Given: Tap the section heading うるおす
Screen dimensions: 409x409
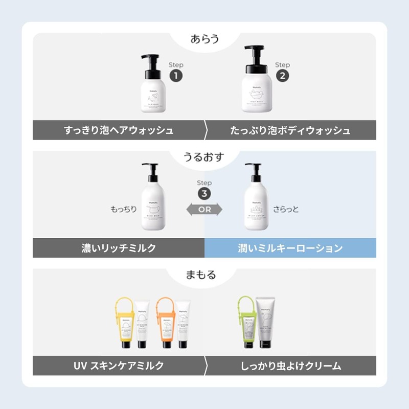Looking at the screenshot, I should click(x=204, y=157).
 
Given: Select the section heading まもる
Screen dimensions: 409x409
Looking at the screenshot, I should click(x=204, y=275).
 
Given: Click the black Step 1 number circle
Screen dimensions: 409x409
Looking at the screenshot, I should click(x=176, y=76).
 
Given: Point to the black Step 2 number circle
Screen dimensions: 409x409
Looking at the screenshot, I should click(x=282, y=76).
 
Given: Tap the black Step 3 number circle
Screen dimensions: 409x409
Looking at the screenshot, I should click(x=204, y=194).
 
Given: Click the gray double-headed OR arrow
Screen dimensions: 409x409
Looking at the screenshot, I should click(x=204, y=209).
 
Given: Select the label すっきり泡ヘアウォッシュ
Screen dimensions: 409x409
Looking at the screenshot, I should click(x=119, y=130).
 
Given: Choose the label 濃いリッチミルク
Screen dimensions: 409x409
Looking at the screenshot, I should click(x=119, y=248).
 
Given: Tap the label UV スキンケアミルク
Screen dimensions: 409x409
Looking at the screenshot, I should click(x=119, y=366).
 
